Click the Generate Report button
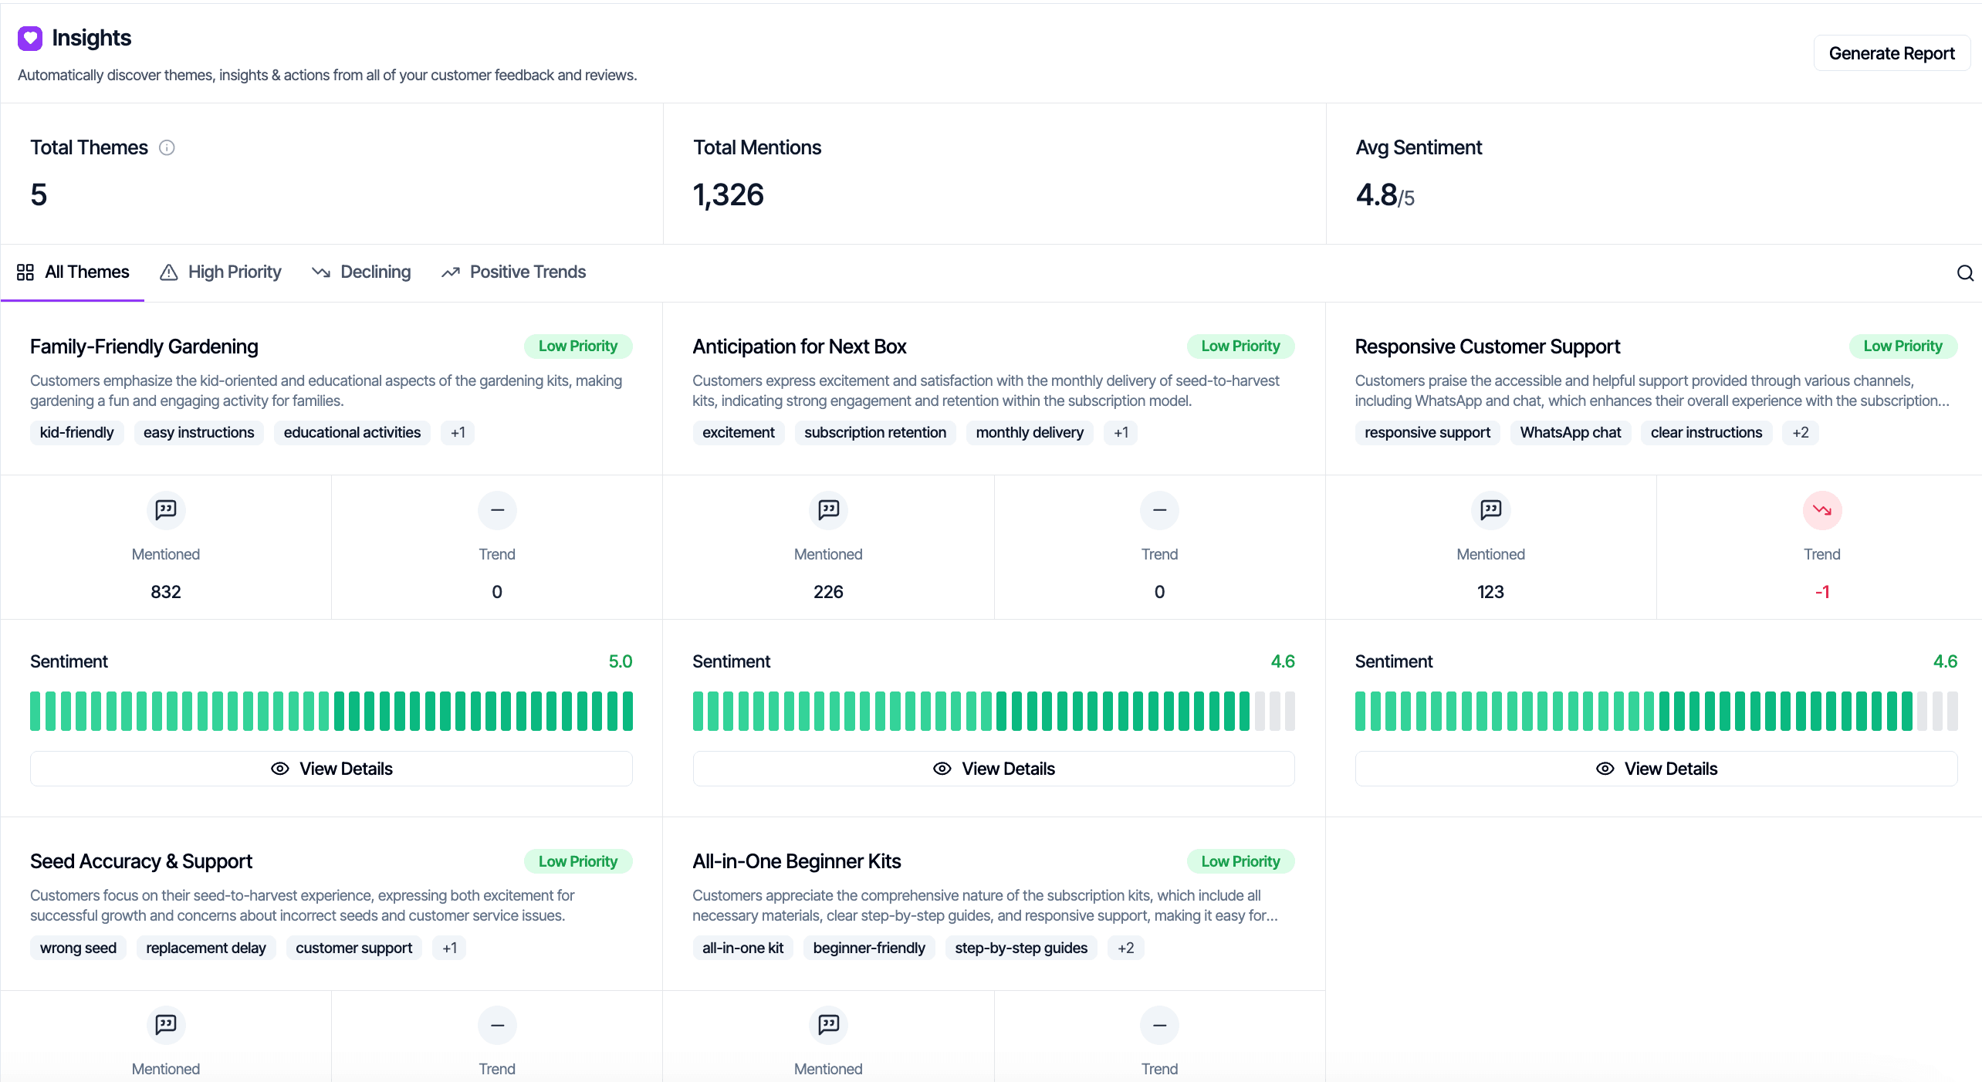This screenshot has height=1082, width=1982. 1891,53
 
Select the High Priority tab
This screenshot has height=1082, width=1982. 221,272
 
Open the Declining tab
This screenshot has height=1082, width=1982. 361,272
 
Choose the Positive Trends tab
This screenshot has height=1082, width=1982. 514,272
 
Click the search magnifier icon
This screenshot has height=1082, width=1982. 1965,273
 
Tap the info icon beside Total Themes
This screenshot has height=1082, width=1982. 167,147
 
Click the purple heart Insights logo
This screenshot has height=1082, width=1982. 30,38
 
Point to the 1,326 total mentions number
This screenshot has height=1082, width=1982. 728,195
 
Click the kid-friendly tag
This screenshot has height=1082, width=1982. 76,433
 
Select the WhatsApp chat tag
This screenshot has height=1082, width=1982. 1570,433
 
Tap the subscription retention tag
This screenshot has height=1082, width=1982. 874,433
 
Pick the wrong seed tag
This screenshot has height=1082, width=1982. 78,948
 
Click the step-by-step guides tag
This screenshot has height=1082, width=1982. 1020,948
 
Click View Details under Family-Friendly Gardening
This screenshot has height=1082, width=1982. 331,769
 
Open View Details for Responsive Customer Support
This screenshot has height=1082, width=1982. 1656,769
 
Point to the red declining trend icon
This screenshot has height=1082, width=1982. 1821,510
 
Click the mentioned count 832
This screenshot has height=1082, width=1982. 166,592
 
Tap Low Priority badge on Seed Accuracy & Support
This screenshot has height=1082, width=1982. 577,861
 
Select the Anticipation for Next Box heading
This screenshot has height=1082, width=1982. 799,347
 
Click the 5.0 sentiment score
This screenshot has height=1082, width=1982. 620,661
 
